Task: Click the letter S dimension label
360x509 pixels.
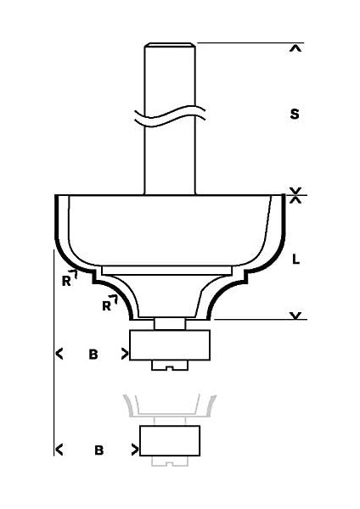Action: (295, 114)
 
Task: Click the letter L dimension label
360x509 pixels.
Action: (295, 260)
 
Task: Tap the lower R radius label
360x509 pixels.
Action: (106, 305)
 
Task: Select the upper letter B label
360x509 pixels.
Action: (93, 355)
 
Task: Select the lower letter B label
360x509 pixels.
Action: (98, 450)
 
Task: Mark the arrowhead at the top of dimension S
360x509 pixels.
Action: (295, 48)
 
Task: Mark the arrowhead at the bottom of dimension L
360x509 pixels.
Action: (295, 316)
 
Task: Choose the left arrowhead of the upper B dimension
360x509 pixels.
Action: (59, 355)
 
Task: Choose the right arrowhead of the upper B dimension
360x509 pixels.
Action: (125, 355)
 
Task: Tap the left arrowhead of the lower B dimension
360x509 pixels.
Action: (59, 450)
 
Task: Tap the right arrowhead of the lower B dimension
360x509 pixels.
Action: (133, 450)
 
